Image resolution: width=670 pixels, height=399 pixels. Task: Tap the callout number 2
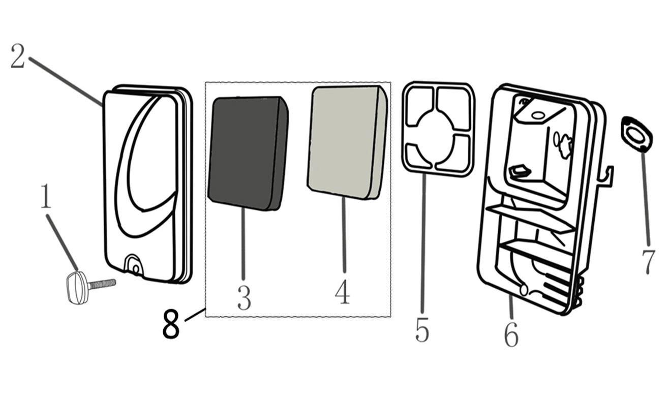coord(17,56)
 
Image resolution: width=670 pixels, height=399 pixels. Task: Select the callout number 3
coord(244,298)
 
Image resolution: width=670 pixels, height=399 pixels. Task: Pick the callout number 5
coord(422,329)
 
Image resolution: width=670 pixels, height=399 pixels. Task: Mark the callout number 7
coord(648,262)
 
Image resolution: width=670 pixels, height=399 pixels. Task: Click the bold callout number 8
coord(171,324)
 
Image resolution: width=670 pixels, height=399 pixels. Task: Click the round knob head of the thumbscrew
coord(77,287)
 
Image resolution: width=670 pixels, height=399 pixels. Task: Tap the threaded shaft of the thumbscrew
coord(102,284)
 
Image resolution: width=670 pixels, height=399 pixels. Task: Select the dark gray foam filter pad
coord(248,154)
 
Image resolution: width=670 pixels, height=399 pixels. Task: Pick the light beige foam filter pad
coord(348,142)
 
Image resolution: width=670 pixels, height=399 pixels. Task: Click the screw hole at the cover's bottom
coord(136,269)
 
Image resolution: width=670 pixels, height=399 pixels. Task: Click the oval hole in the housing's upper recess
coord(537,115)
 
